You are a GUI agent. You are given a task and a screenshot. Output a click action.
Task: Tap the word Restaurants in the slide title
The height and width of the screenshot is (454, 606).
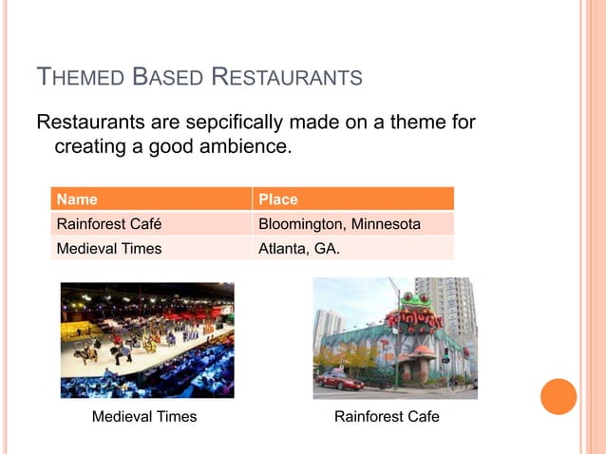[289, 76]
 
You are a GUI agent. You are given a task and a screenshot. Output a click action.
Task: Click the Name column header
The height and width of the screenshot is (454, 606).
[77, 199]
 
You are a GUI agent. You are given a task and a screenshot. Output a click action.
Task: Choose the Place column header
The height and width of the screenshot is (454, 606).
[278, 199]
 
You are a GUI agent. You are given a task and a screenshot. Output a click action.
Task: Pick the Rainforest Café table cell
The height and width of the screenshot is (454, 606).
[108, 225]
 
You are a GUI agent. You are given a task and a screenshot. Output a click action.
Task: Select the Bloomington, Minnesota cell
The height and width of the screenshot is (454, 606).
[339, 225]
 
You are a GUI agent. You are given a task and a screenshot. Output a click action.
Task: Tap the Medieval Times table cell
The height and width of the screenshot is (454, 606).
[108, 249]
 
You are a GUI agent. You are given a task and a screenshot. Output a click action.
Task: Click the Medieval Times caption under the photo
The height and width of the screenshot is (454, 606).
[144, 417]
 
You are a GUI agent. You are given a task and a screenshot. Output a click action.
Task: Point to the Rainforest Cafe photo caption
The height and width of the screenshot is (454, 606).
[387, 417]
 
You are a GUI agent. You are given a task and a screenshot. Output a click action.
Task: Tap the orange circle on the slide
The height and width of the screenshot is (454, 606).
[559, 396]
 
